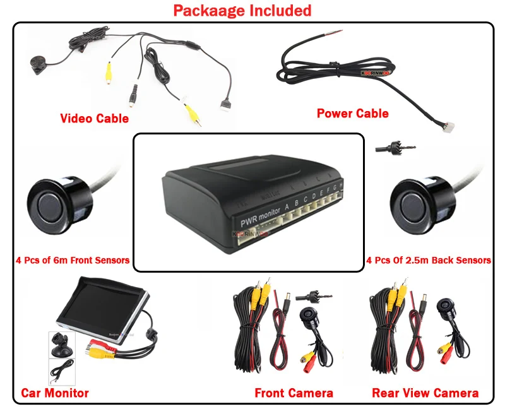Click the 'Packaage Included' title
(242, 11)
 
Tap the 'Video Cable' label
(94, 118)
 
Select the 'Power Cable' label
(352, 114)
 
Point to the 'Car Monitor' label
(55, 393)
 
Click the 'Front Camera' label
(294, 393)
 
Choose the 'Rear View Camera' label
(425, 393)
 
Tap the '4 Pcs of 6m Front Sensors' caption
(73, 260)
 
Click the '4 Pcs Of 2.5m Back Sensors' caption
(429, 260)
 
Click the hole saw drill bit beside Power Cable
(388, 148)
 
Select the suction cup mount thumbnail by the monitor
(61, 345)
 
